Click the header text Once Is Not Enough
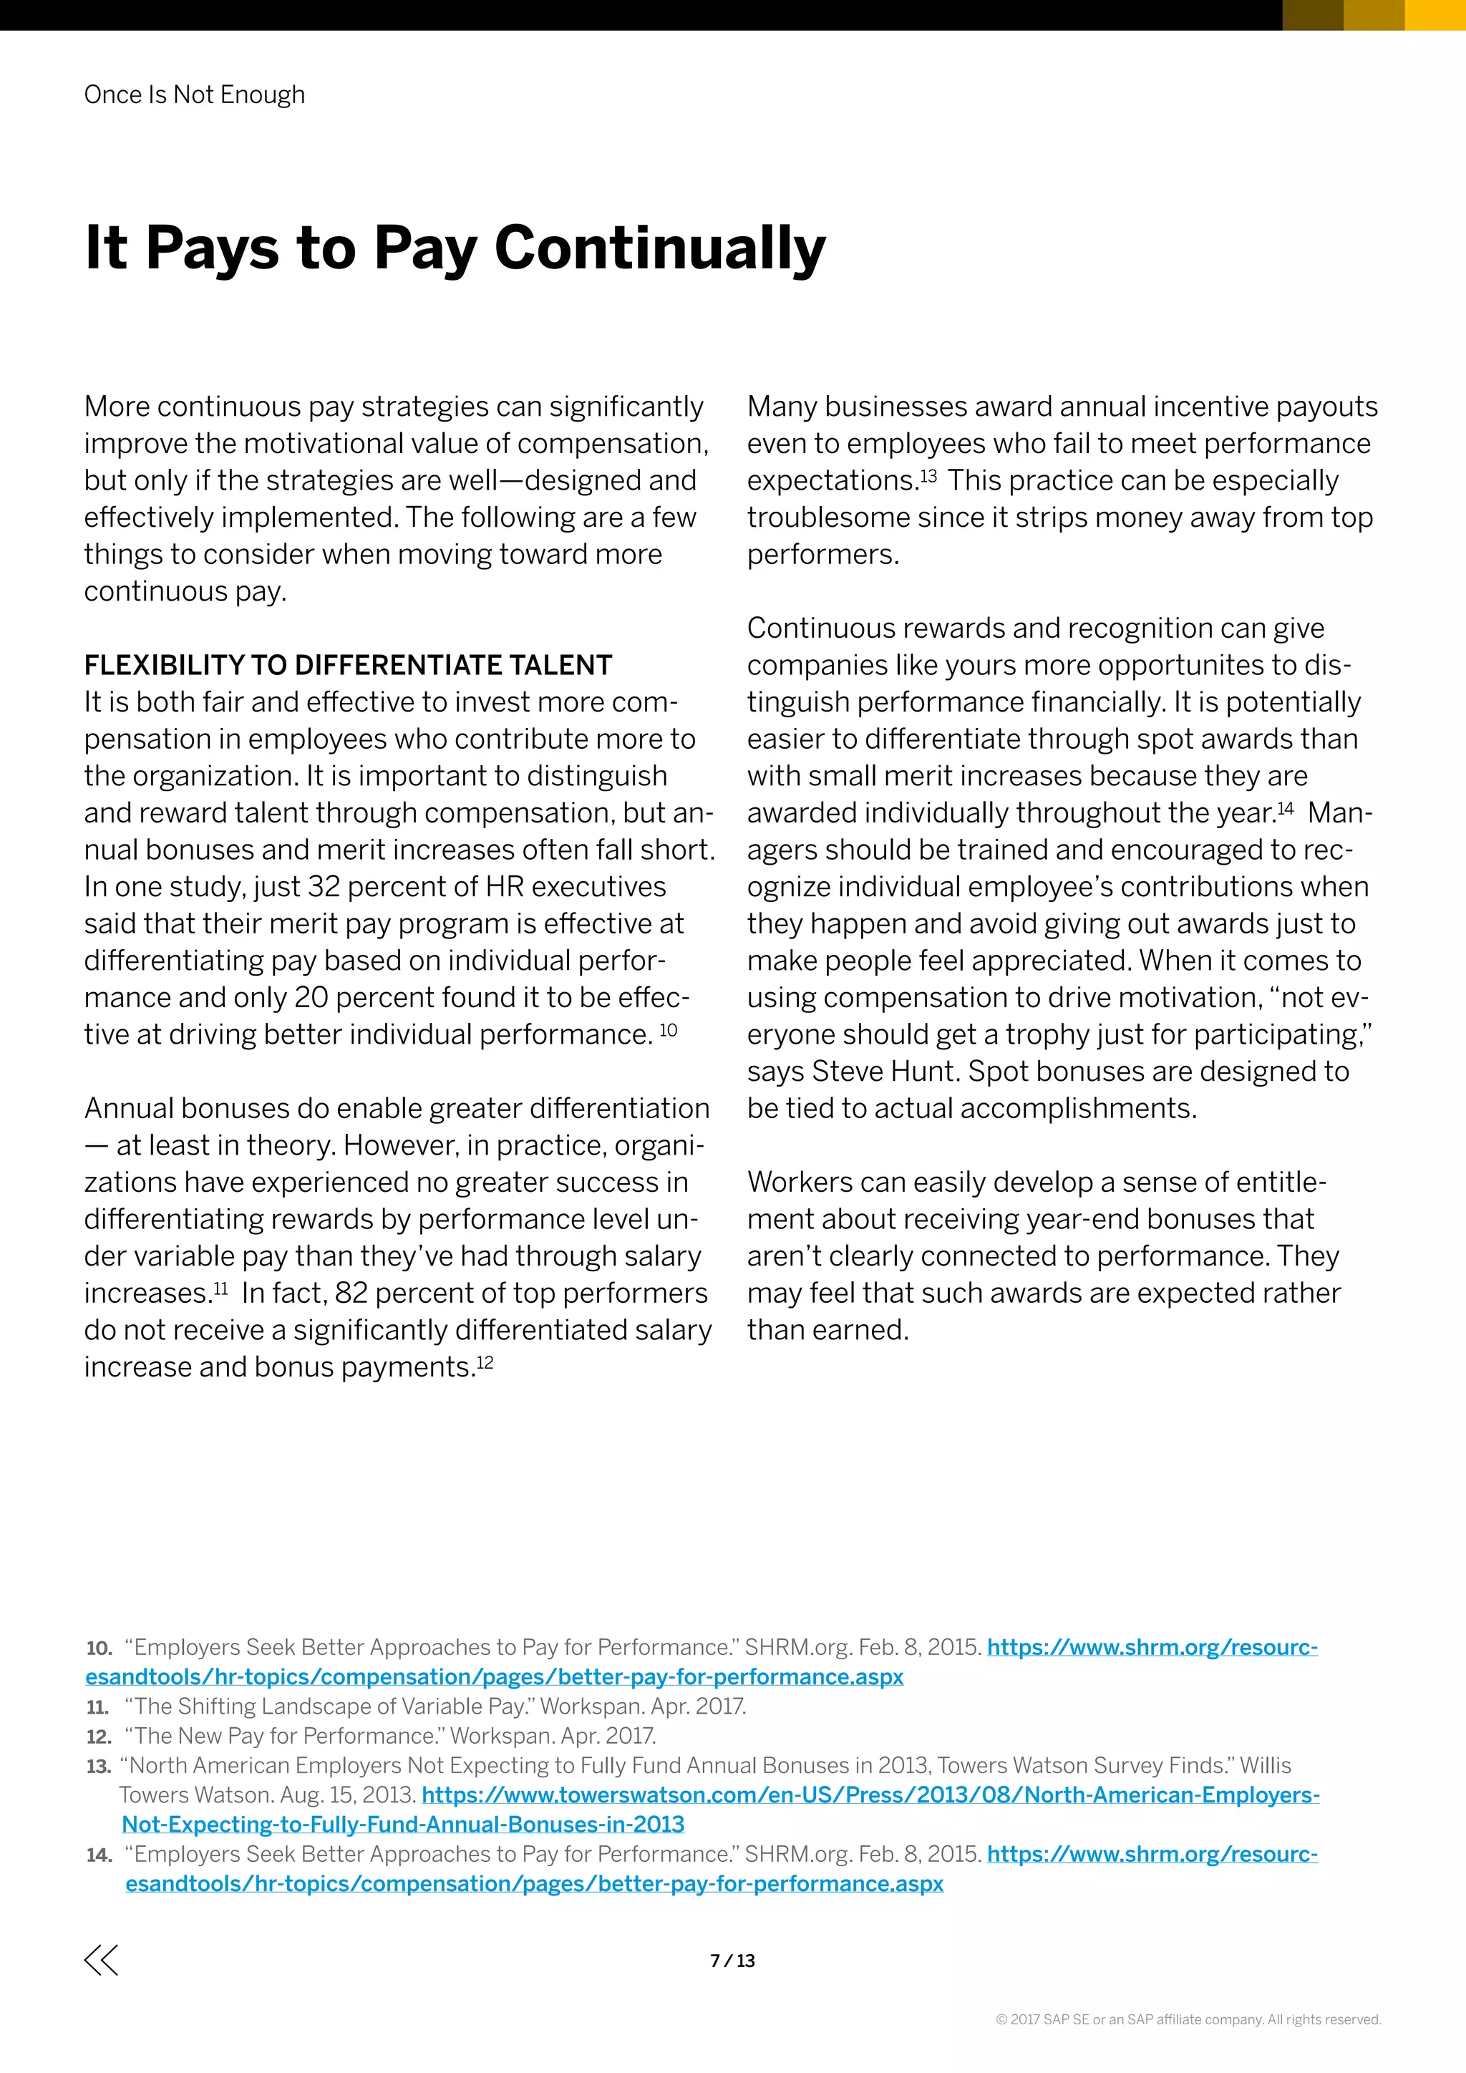(x=194, y=94)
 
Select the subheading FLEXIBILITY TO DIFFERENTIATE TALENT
(x=348, y=666)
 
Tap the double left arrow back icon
(x=101, y=1960)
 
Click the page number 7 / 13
(x=732, y=1960)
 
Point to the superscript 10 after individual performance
(x=668, y=1029)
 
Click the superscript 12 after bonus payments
(x=485, y=1361)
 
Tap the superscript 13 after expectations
(x=928, y=475)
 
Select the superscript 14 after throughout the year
(x=1286, y=808)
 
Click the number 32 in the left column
(x=323, y=888)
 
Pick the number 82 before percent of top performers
(x=351, y=1293)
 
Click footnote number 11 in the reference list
(x=97, y=1707)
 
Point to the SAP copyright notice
(x=1188, y=2020)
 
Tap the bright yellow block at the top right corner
(x=1435, y=14)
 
